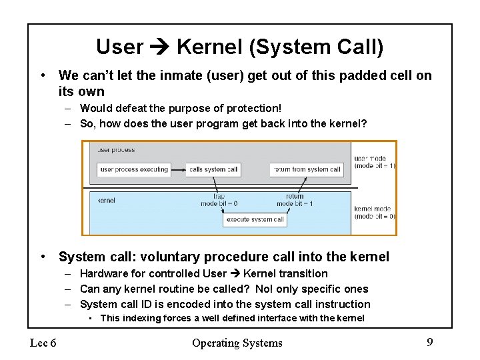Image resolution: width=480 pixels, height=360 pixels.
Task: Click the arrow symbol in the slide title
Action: [160, 47]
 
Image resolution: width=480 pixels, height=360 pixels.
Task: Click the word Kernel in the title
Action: [205, 47]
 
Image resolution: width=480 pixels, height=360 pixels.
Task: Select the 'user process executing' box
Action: [134, 169]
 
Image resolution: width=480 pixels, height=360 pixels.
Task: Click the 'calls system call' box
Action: [213, 169]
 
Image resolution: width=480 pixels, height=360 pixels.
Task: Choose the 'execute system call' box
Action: [255, 219]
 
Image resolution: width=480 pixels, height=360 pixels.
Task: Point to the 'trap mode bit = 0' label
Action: [219, 200]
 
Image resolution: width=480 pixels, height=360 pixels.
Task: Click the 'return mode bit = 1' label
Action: [295, 200]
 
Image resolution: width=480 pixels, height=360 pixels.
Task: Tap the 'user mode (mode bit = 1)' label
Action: [375, 162]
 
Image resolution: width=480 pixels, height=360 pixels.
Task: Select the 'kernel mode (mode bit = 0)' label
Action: [375, 212]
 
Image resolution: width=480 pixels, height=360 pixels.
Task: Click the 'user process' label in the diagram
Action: [116, 150]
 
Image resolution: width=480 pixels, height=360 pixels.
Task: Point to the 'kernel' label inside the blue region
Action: [107, 200]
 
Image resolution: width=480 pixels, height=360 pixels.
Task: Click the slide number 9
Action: [429, 343]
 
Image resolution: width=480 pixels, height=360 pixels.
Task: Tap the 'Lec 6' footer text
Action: [43, 343]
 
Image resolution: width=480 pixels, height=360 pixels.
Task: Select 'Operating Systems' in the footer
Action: [237, 343]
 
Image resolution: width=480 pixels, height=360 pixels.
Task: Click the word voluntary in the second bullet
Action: [168, 257]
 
